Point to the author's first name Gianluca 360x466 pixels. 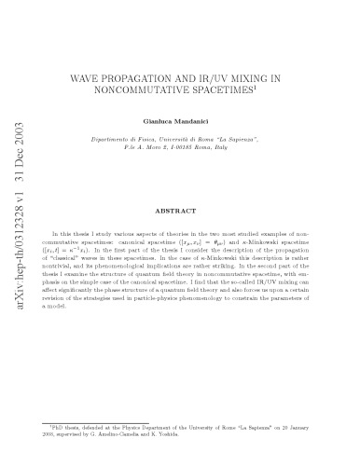pos(167,122)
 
